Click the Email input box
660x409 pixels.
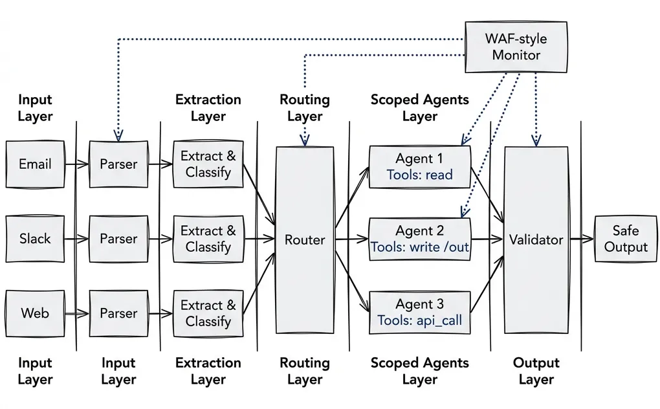click(x=35, y=164)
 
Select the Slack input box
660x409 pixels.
click(x=35, y=239)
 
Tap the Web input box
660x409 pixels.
click(x=35, y=313)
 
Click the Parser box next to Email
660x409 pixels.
click(x=118, y=164)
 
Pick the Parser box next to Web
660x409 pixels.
click(x=118, y=313)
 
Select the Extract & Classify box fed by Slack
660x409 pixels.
click(x=208, y=239)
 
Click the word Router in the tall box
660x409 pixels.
click(x=305, y=240)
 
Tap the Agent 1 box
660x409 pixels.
click(x=419, y=166)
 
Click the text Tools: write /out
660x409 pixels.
click(x=420, y=247)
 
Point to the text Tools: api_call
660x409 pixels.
click(x=420, y=320)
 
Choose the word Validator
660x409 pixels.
click(x=536, y=240)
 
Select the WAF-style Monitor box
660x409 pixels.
click(x=516, y=47)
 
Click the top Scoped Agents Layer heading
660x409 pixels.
click(x=419, y=108)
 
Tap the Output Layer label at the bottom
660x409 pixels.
click(x=536, y=371)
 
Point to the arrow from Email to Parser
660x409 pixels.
click(x=77, y=164)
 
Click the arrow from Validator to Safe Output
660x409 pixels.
click(x=581, y=239)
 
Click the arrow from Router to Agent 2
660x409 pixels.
click(x=351, y=239)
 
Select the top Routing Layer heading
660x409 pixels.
click(x=305, y=108)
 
